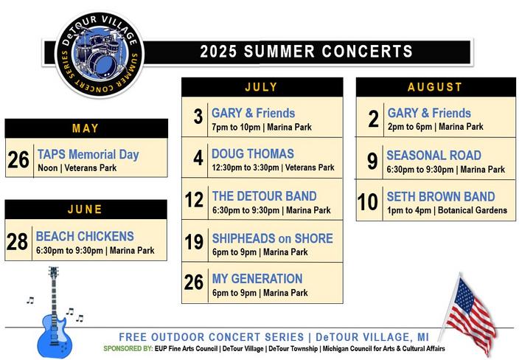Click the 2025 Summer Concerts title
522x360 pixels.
[306, 52]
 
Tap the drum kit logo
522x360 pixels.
[100, 55]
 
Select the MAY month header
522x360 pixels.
[86, 128]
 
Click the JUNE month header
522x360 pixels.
[85, 210]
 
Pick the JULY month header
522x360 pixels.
[261, 87]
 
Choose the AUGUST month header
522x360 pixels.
[435, 87]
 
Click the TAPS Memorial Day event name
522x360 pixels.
[88, 155]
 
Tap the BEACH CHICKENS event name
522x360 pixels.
[85, 236]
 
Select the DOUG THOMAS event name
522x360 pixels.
[253, 153]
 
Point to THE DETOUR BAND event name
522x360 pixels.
[265, 196]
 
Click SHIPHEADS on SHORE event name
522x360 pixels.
[273, 238]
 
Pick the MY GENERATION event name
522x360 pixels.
[257, 279]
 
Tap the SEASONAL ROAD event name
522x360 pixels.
[434, 155]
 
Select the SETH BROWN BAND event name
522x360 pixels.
[441, 196]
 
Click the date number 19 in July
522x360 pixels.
[194, 242]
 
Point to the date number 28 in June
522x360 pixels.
[17, 242]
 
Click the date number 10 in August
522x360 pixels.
[367, 202]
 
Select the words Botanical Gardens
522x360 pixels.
[473, 210]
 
